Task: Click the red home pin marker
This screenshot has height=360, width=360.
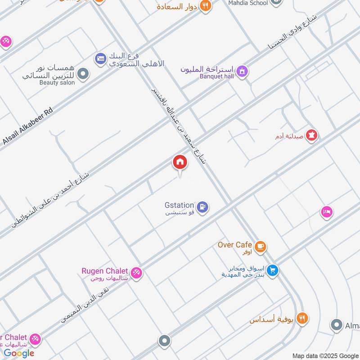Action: point(180,162)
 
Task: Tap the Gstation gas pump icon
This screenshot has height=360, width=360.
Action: point(203,207)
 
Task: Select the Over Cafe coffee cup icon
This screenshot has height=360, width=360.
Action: point(260,246)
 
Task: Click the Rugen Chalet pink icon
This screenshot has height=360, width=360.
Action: point(137,272)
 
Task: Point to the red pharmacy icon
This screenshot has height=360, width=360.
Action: point(311,135)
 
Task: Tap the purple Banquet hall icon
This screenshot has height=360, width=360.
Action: point(242,72)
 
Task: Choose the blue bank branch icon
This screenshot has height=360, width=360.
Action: point(100,58)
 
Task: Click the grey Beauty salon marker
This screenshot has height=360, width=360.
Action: point(82,74)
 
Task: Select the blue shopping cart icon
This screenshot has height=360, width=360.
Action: point(272,270)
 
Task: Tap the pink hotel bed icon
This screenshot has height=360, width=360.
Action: point(327,211)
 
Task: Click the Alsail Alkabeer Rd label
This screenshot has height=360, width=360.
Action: point(28,126)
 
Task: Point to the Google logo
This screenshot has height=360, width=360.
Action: point(19,353)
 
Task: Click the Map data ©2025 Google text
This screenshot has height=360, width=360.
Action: point(325,355)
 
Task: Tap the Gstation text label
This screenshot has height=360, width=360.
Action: point(179,205)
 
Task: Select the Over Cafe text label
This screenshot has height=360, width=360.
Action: point(234,245)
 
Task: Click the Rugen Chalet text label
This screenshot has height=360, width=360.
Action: point(104,271)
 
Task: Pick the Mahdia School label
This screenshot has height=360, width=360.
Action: point(248,3)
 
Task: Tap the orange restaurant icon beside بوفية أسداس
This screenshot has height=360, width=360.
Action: point(302,318)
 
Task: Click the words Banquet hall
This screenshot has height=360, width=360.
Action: point(217,76)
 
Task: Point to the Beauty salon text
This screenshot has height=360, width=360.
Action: point(56,83)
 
